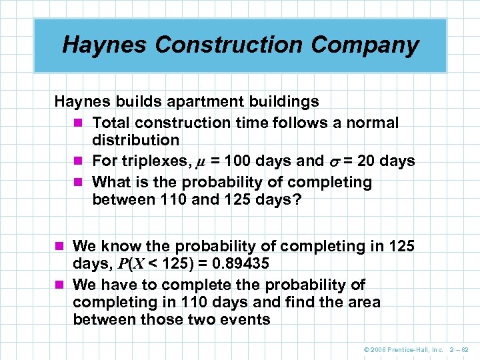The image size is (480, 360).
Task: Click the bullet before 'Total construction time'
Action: pyautogui.click(x=79, y=123)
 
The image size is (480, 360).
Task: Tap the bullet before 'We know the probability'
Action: pyautogui.click(x=60, y=247)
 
